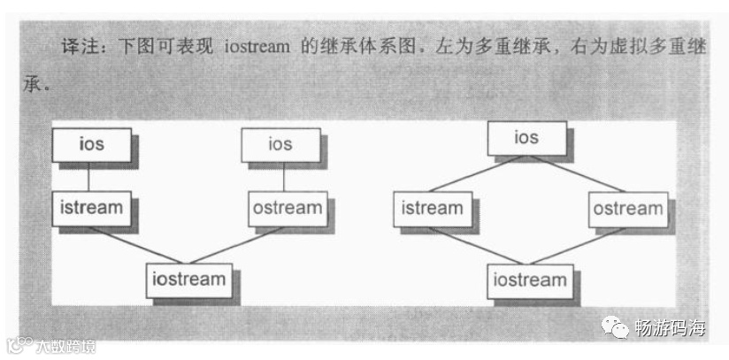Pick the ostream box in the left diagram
[x=285, y=209]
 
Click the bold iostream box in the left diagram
[x=188, y=280]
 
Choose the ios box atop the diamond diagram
[x=526, y=138]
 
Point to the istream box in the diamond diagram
[x=432, y=210]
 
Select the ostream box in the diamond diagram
[x=627, y=210]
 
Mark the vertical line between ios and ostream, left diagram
[x=282, y=176]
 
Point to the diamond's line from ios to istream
[x=479, y=174]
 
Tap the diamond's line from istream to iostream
[x=479, y=245]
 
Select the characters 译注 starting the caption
[x=77, y=47]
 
